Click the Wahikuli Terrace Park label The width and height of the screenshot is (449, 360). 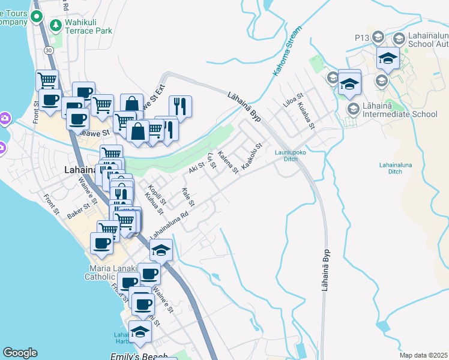click(90, 25)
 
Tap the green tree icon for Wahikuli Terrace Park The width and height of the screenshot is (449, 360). click(56, 25)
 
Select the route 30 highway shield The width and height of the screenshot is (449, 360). click(49, 50)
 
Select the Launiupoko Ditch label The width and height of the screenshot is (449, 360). click(286, 155)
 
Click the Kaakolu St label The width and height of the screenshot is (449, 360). click(252, 155)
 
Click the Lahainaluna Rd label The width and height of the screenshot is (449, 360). click(170, 222)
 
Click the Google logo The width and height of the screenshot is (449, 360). click(20, 353)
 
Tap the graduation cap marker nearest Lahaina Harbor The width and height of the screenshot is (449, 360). click(140, 332)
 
